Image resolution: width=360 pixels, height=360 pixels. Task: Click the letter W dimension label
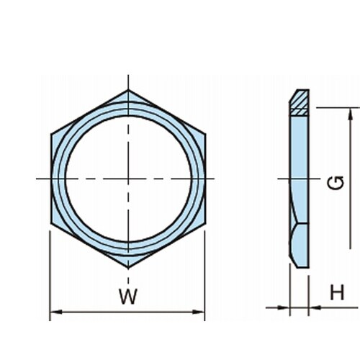tap(128, 296)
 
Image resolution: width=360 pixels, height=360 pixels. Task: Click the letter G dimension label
tap(336, 182)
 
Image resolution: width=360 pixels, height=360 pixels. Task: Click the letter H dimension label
tap(337, 292)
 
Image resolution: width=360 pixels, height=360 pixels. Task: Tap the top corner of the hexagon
tap(128, 90)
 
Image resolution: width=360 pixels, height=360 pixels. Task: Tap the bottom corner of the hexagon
tap(128, 268)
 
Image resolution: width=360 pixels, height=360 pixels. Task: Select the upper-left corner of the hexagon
tap(51, 134)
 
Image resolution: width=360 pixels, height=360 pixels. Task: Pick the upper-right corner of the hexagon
tap(205, 134)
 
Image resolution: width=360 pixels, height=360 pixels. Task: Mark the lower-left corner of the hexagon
tap(51, 223)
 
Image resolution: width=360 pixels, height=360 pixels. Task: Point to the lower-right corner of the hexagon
tap(205, 223)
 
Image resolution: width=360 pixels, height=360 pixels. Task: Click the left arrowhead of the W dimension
tap(55, 312)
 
